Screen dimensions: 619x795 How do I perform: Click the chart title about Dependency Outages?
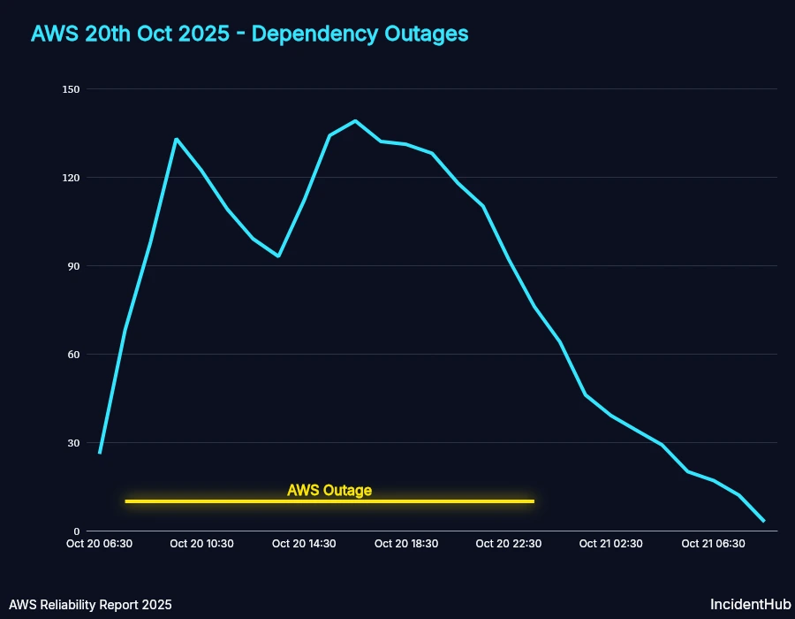[x=249, y=34]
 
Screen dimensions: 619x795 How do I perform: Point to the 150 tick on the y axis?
[x=71, y=89]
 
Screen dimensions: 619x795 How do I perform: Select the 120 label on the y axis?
[x=71, y=178]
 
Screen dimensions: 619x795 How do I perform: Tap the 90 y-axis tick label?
[x=73, y=266]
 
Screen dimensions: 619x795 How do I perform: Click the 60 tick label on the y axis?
[x=73, y=355]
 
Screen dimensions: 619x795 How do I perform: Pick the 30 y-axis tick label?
[x=73, y=443]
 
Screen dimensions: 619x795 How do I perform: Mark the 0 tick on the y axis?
[x=76, y=531]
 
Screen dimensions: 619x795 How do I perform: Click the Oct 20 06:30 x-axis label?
[x=100, y=544]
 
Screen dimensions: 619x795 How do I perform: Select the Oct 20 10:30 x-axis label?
[x=201, y=544]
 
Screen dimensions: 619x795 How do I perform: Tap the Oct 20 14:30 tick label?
[x=304, y=544]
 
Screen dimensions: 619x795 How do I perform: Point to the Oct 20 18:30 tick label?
[x=406, y=544]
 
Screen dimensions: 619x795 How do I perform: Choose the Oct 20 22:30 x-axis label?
[x=508, y=544]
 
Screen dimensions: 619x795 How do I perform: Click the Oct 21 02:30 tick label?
[x=610, y=544]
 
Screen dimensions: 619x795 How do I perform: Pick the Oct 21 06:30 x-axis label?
[x=713, y=544]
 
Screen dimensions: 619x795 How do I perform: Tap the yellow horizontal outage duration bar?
[x=329, y=501]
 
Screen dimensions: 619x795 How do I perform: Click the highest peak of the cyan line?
[x=355, y=121]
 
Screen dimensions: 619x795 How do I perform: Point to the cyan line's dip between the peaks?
[x=278, y=256]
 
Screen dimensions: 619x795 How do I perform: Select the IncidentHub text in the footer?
[x=746, y=605]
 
